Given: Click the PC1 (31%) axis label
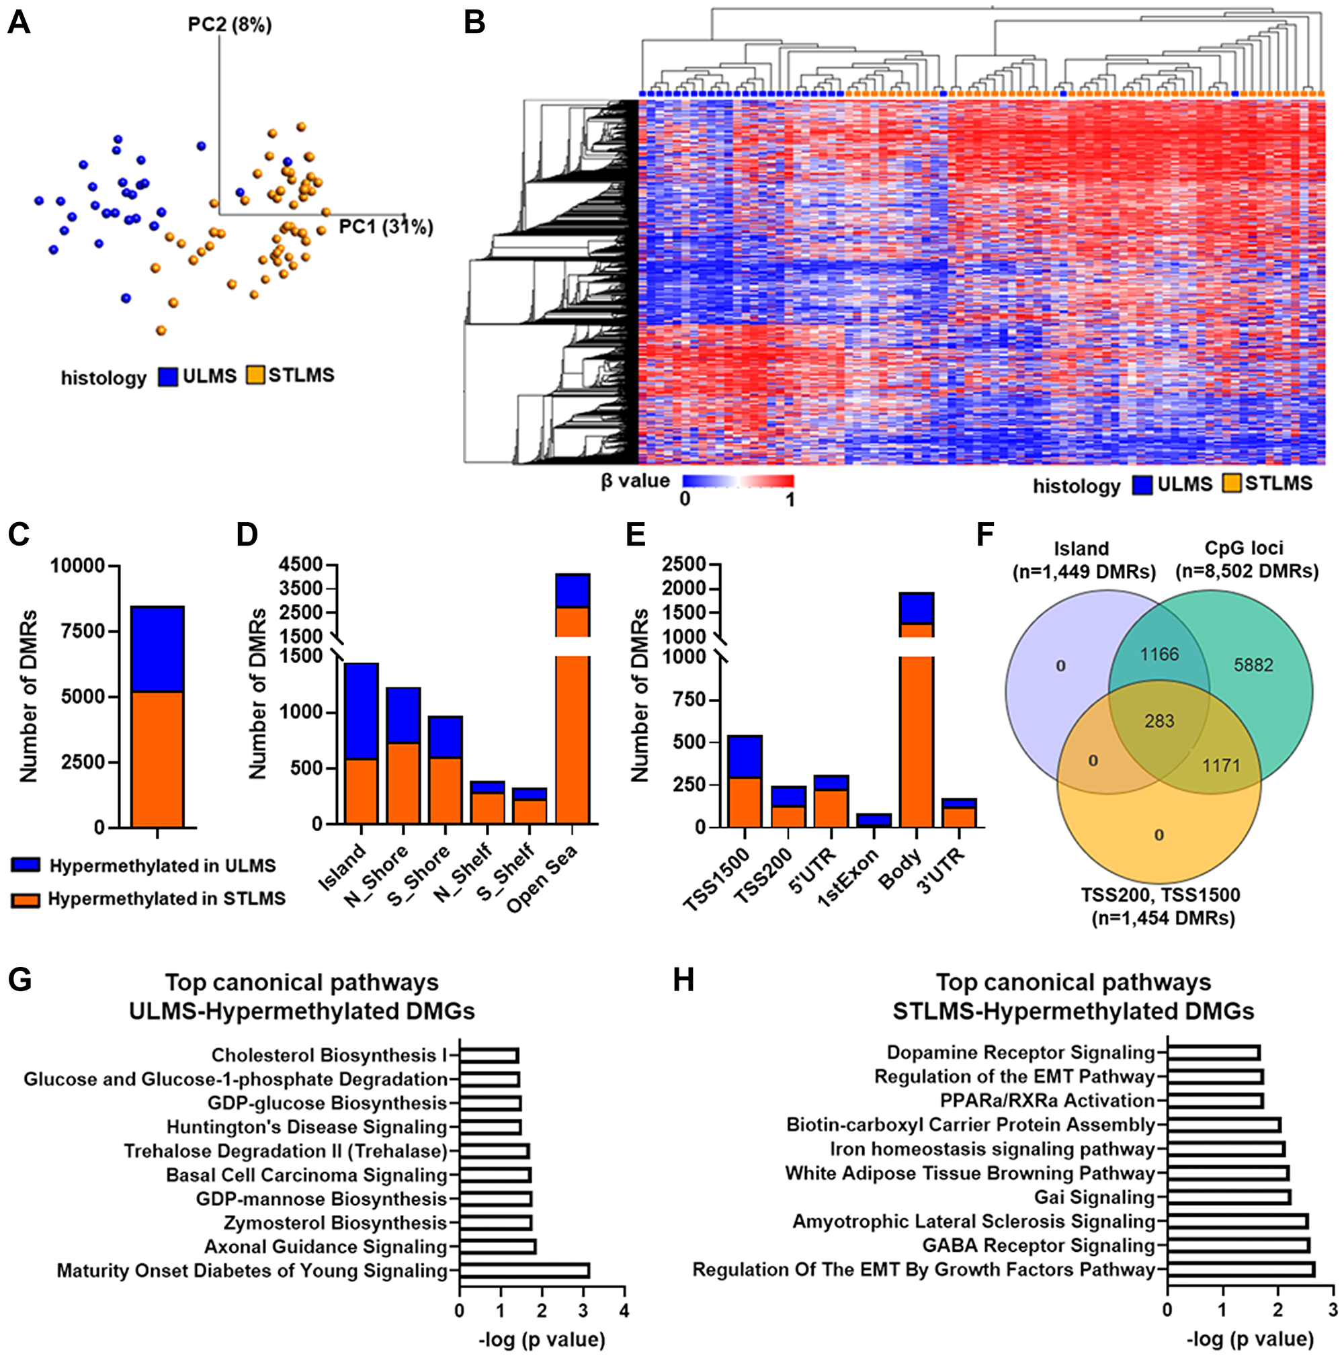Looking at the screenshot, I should point(385,227).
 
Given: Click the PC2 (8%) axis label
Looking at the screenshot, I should point(230,25).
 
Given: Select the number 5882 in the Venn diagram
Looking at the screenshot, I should point(1253,665).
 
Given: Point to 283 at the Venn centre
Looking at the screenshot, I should point(1159,721).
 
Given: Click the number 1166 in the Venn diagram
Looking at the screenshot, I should point(1159,654).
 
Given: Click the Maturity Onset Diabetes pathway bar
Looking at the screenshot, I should point(523,1271).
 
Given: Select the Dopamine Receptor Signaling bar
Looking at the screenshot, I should point(1212,1052).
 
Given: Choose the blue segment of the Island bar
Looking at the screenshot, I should point(362,711).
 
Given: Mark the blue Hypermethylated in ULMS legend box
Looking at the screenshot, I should point(26,865).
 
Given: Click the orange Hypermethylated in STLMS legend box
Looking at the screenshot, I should point(26,899).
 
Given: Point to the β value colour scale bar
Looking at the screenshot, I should point(738,482).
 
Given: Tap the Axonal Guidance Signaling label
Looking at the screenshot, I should point(325,1247).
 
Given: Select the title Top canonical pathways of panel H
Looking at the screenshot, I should point(1073,982).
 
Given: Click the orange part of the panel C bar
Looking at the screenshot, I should point(157,759).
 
